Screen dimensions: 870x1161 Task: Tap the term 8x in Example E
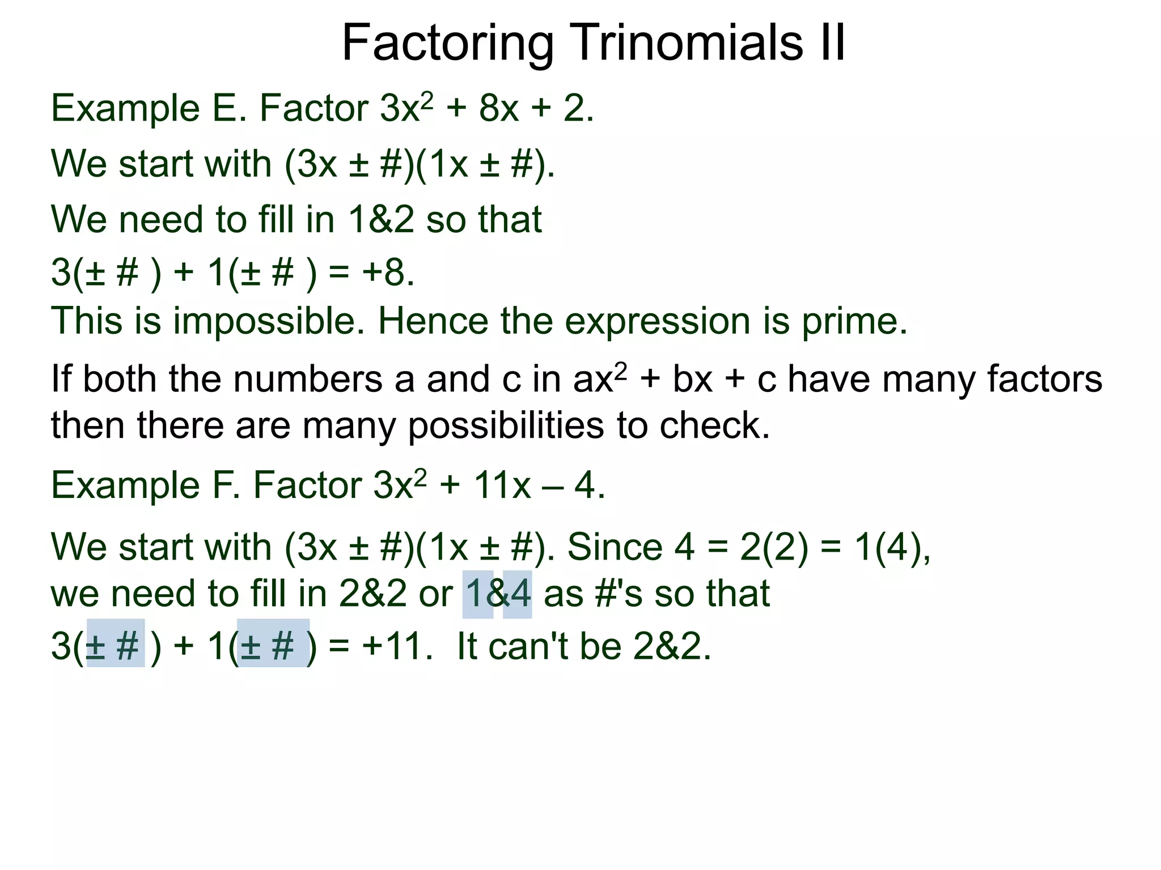pos(499,108)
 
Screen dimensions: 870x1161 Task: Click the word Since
pos(615,547)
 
